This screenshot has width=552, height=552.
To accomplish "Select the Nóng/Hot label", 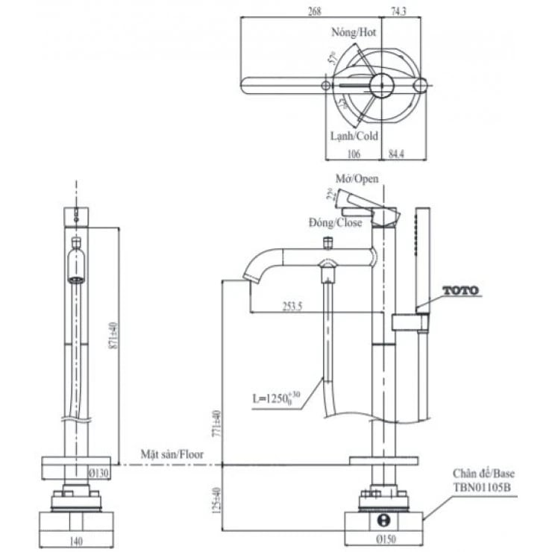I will click(x=354, y=33).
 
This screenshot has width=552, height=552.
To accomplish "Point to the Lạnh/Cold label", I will click(x=354, y=137).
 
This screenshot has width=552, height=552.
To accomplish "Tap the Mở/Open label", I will click(x=357, y=179).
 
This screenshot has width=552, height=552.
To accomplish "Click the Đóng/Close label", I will click(x=335, y=222).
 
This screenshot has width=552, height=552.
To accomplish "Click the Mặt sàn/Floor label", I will click(x=172, y=453).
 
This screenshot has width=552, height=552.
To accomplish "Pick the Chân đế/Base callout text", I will click(x=483, y=474).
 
